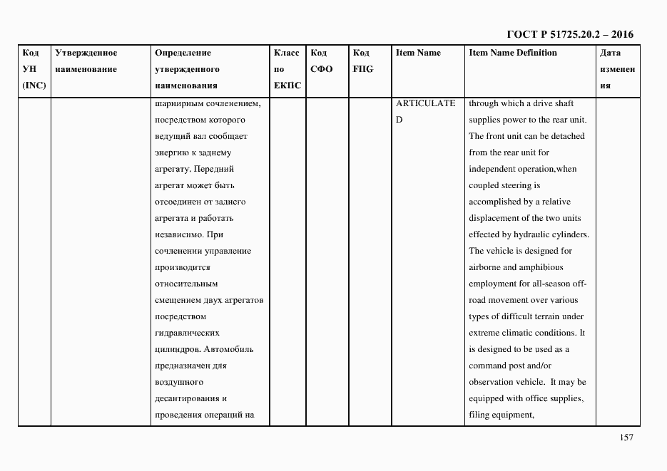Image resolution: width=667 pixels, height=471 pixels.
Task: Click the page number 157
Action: point(626,438)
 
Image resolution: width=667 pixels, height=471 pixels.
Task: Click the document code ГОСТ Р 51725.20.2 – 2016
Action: point(569,34)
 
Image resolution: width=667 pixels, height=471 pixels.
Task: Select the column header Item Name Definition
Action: point(512,53)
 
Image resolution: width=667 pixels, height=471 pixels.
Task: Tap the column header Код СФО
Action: point(322,61)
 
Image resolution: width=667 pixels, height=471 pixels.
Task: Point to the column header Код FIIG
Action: point(362,61)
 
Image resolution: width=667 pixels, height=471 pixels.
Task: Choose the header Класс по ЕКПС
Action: point(287,69)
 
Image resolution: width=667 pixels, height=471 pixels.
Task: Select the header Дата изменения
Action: point(616,69)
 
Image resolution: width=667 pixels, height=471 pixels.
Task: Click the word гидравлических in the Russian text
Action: point(186,333)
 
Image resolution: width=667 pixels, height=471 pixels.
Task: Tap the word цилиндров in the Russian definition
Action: point(177,349)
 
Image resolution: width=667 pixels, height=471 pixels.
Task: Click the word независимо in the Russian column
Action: point(178,234)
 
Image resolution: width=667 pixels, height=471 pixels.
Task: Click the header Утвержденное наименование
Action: point(86,61)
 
